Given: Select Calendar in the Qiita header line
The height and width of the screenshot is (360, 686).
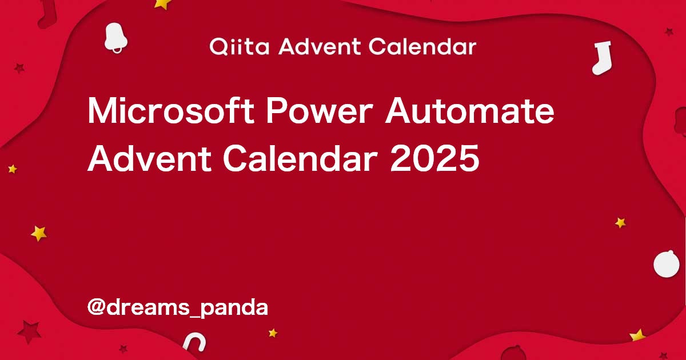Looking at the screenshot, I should [x=422, y=47].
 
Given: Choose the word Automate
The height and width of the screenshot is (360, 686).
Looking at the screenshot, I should [x=469, y=112].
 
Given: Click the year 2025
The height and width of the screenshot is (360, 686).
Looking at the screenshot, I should [x=434, y=158].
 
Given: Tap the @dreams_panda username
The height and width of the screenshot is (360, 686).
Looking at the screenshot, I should [x=178, y=307].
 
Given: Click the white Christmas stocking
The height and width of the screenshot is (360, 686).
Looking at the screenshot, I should [x=601, y=58].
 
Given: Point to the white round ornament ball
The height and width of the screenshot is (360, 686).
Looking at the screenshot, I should [x=667, y=265].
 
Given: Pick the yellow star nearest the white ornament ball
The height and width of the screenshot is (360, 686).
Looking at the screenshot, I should [x=620, y=223].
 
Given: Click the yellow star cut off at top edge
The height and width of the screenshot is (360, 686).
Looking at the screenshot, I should [x=163, y=3].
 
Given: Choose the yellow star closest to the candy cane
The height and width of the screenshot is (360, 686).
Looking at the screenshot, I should [x=273, y=333].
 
